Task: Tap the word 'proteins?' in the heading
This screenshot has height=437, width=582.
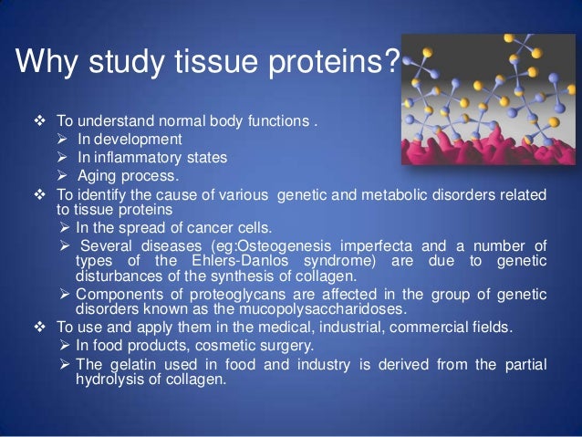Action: [x=332, y=64]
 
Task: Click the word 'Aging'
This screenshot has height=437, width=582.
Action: [x=97, y=176]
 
